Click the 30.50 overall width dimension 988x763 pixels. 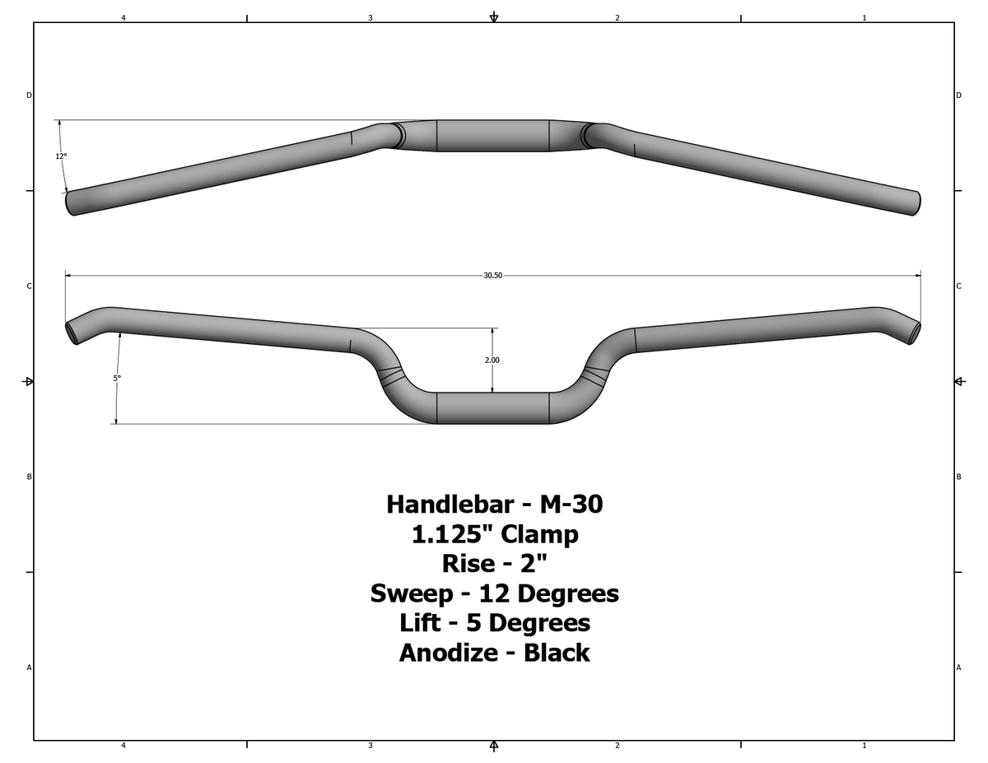pyautogui.click(x=492, y=275)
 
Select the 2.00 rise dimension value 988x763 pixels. pyautogui.click(x=492, y=360)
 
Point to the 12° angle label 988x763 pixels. pyautogui.click(x=62, y=156)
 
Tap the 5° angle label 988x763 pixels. pyautogui.click(x=117, y=378)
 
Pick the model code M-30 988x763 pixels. pyautogui.click(x=571, y=504)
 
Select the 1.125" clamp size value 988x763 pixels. pyautogui.click(x=452, y=534)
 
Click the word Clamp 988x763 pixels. pyautogui.click(x=540, y=534)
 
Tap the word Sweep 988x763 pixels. pyautogui.click(x=411, y=593)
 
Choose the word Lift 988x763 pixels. pyautogui.click(x=420, y=623)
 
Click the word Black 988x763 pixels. pyautogui.click(x=557, y=653)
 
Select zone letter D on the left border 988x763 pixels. pyautogui.click(x=29, y=95)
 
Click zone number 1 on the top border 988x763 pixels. pyautogui.click(x=864, y=17)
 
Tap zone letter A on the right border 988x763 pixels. pyautogui.click(x=958, y=668)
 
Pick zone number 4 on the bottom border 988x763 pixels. pyautogui.click(x=123, y=746)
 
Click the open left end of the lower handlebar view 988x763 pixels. pyautogui.click(x=72, y=332)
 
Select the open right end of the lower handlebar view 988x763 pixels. pyautogui.click(x=915, y=332)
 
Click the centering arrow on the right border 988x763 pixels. pyautogui.click(x=959, y=381)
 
